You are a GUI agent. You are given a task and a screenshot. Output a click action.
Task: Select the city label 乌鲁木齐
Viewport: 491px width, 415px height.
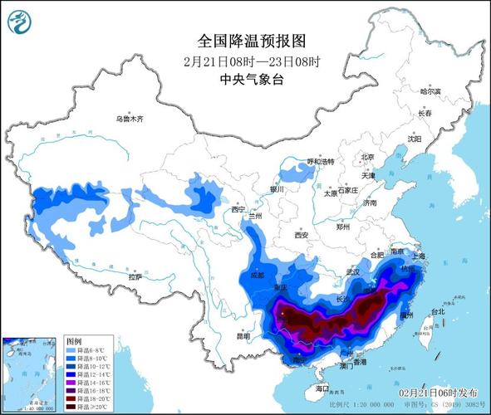coord(130,120)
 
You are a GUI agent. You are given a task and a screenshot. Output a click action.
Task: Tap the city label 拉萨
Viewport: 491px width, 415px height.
coord(135,276)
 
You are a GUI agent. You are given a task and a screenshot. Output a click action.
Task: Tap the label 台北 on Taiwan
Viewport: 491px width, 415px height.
coord(434,314)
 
